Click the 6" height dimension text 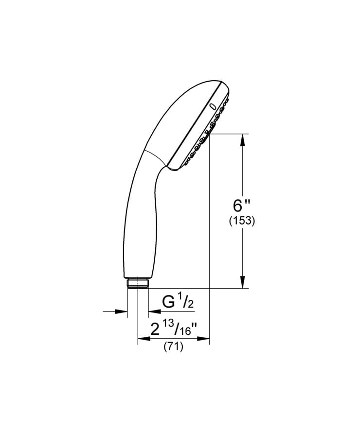click(241, 203)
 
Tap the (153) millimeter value click(242, 221)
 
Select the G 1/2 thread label click(178, 303)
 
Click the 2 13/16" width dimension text click(173, 330)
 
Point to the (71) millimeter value click(173, 347)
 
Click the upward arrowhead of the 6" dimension click(242, 140)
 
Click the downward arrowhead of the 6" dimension click(242, 282)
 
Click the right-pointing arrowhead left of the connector click(122, 311)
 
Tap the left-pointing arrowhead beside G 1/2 click(153, 311)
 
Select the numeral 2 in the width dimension click(155, 331)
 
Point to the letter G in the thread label click(169, 303)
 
